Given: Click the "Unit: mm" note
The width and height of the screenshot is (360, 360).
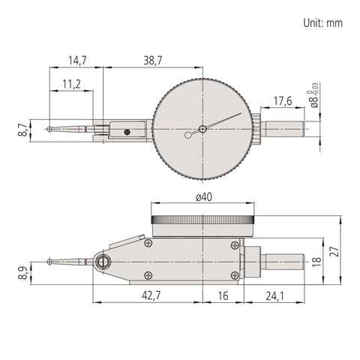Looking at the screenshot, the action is point(322,23).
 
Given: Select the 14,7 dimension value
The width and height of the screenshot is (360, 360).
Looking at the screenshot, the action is point(77,61).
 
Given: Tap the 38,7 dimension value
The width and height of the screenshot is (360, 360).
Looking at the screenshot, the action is point(153,61).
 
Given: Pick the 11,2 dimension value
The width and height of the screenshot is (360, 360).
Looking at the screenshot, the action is point(71,84).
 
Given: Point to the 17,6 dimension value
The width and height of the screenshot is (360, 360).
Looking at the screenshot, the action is point(283,101).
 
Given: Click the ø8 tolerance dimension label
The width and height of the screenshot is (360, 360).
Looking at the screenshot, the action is point(314,96).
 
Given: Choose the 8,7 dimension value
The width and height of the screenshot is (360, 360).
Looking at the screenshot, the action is point(24,130).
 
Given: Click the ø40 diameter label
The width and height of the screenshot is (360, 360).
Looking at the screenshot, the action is point(204,197).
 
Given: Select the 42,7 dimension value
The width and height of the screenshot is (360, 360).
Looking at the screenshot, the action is point(151,296).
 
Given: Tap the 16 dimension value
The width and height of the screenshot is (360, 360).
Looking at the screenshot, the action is point(223,296).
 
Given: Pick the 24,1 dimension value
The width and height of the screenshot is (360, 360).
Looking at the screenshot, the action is point(274,296).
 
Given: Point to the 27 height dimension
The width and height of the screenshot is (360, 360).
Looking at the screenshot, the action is point(334,251).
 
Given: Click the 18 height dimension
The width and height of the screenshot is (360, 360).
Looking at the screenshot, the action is point(316,261).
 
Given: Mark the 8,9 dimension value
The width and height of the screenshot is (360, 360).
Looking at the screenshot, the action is point(24,273).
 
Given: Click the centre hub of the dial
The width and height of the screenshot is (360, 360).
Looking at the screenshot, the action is point(202,129).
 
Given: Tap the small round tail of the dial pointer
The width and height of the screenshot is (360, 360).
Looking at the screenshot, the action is point(187,135).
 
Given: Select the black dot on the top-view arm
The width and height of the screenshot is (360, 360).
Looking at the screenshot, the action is point(127,132).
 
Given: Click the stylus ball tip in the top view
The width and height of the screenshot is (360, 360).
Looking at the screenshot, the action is point(49,129).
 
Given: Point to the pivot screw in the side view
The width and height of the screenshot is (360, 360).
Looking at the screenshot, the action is point(102,262).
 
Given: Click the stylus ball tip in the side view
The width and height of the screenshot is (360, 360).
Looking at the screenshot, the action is point(49,262).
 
